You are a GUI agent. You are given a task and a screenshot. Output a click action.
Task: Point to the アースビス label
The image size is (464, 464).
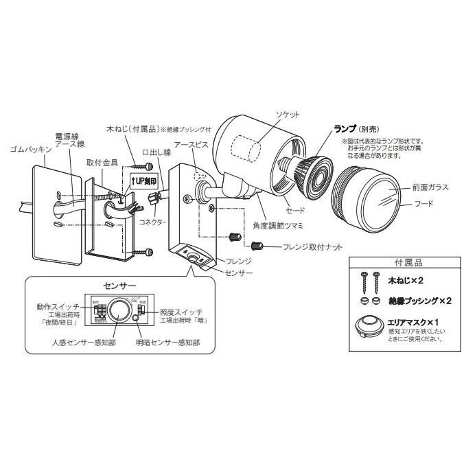point(187,146)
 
